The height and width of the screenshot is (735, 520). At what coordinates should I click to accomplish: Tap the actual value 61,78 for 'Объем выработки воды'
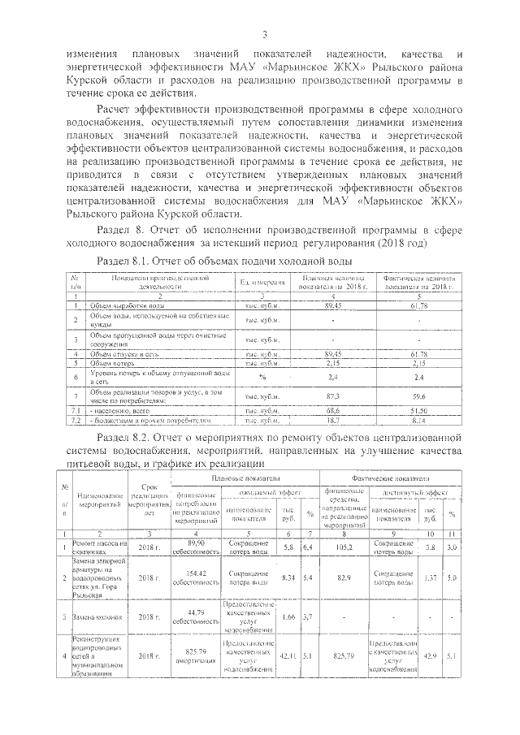[418, 305]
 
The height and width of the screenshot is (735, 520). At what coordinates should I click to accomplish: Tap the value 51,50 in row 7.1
[418, 413]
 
